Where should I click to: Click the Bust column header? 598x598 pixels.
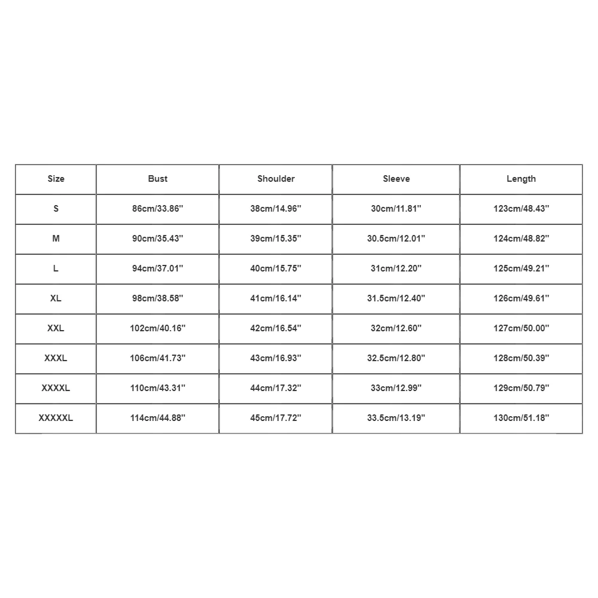158,179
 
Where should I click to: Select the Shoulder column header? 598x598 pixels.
276,179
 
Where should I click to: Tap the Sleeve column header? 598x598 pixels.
396,179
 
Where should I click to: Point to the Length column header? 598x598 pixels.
521,179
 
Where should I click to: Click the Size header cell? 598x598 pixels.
56,179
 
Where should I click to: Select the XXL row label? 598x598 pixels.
56,328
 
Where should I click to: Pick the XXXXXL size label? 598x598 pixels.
56,418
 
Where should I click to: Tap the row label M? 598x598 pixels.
56,239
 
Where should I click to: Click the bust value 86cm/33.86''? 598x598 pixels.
158,209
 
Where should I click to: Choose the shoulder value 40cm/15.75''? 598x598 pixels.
276,269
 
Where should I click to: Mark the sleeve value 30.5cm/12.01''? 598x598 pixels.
396,239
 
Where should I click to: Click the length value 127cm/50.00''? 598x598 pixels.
521,328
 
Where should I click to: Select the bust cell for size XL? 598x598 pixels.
158,298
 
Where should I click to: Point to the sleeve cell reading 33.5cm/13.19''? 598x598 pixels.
396,418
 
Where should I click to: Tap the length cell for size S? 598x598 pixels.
521,209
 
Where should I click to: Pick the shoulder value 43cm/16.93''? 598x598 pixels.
276,358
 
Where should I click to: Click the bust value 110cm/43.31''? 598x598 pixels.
158,388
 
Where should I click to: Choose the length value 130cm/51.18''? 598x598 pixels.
521,418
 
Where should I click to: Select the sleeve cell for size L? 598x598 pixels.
396,269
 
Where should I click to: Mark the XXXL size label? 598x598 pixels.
56,358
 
